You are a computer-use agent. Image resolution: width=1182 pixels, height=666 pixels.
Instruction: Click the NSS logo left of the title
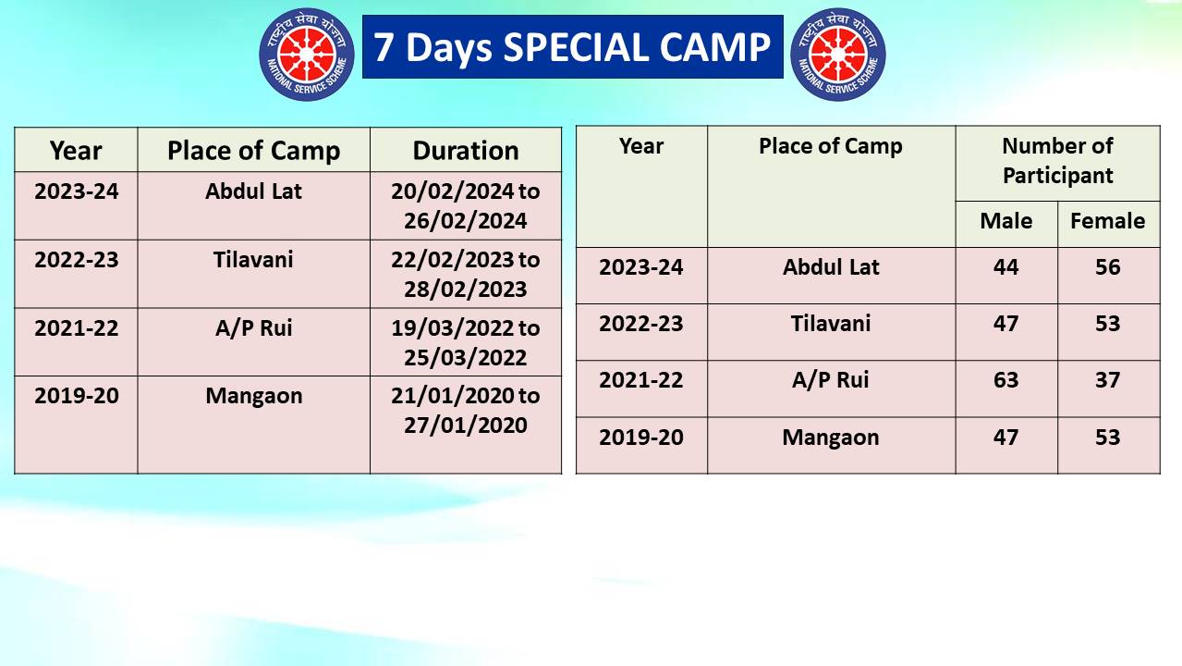[307, 55]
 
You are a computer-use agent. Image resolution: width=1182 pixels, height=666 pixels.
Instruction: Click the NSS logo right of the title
[838, 55]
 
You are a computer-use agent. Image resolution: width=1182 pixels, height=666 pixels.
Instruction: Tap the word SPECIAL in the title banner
[577, 47]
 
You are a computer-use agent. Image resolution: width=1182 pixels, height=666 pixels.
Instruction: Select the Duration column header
[466, 151]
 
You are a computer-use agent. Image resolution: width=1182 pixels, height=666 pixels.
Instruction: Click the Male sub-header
[1005, 221]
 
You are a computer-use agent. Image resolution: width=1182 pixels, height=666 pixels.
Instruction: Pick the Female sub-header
[1107, 221]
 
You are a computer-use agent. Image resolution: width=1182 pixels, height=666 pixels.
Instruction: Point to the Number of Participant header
[1057, 161]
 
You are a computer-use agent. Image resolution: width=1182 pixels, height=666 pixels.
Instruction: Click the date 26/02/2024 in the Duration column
[466, 221]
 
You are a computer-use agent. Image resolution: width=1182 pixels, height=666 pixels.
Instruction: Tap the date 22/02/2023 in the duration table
[452, 260]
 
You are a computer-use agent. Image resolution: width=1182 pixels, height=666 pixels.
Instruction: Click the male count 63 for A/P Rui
[1005, 380]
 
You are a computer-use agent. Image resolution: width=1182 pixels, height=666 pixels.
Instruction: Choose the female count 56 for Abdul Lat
[1107, 267]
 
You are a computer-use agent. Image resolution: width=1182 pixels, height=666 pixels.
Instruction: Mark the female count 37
[1107, 380]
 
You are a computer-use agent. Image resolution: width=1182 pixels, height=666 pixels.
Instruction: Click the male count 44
[1005, 267]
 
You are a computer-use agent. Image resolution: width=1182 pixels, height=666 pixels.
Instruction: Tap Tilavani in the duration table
[253, 260]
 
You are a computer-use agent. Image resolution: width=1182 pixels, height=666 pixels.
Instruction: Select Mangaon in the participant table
[831, 438]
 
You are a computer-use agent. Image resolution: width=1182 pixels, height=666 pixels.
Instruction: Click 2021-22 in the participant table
[641, 380]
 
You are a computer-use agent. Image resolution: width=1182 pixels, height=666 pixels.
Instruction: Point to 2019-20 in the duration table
[77, 396]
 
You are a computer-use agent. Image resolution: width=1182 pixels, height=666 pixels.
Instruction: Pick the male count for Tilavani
[1005, 324]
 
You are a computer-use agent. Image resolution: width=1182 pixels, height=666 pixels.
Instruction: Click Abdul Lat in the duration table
[253, 191]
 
